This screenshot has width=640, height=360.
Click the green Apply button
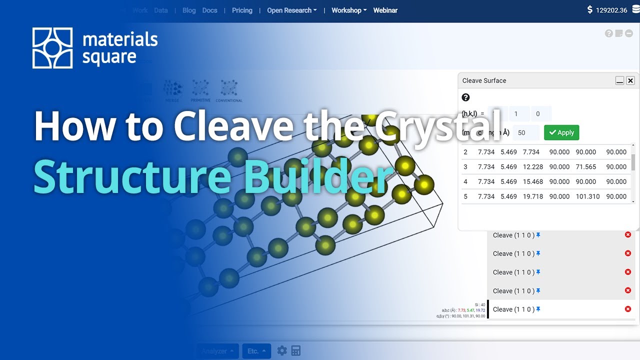click(x=561, y=132)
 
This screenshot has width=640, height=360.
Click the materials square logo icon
click(x=52, y=48)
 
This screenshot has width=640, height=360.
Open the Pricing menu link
click(x=242, y=10)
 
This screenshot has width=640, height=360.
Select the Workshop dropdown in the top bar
click(x=348, y=10)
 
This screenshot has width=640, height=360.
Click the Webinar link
click(x=385, y=10)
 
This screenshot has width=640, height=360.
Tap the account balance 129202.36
click(x=611, y=10)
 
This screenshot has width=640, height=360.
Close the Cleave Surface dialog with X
click(x=630, y=80)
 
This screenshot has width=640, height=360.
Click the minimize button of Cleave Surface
click(x=619, y=80)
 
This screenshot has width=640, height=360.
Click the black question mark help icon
click(x=465, y=97)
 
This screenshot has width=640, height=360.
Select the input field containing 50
click(x=524, y=132)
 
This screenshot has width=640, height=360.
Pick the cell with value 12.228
click(x=532, y=166)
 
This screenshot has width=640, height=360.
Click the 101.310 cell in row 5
click(x=587, y=196)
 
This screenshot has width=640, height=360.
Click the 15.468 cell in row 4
click(x=532, y=181)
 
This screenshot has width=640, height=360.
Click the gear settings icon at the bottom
click(x=282, y=351)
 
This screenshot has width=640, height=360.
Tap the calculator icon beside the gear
click(x=296, y=351)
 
